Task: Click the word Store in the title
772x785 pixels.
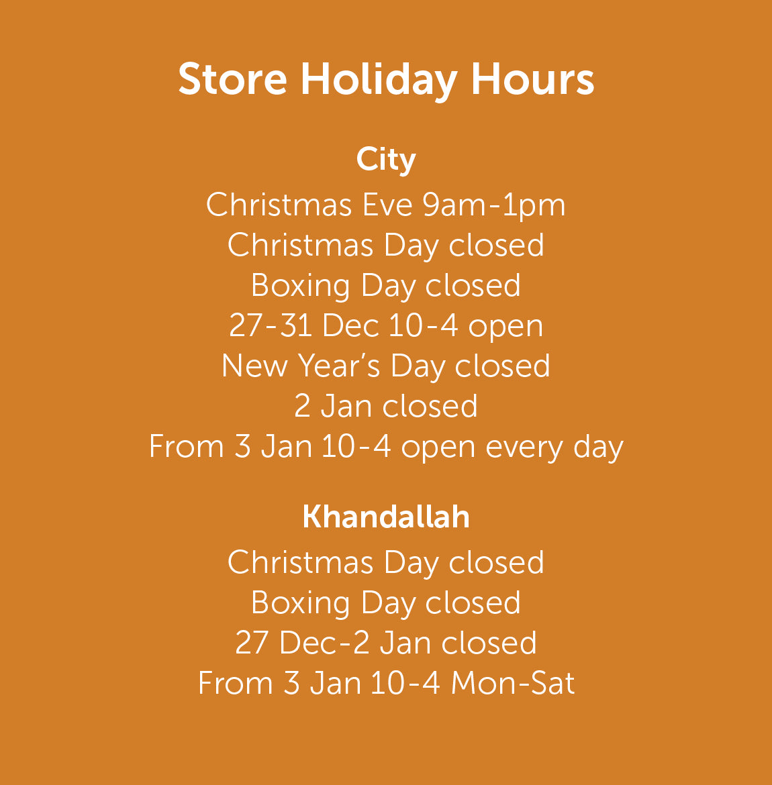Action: click(232, 78)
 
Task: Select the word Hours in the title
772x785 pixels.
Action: click(532, 78)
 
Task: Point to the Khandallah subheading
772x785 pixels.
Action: click(386, 516)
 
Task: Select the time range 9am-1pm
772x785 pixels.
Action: click(494, 206)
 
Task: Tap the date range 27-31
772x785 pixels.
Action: click(271, 325)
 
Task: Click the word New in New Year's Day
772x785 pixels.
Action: click(254, 366)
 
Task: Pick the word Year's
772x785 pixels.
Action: click(339, 366)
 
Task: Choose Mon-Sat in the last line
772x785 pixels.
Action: click(512, 683)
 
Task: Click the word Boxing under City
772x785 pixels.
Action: click(300, 287)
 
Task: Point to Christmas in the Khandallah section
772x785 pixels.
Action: click(301, 562)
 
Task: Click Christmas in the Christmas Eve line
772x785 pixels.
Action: click(279, 205)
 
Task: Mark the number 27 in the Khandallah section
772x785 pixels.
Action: click(252, 642)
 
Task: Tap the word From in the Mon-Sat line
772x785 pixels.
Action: click(236, 683)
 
